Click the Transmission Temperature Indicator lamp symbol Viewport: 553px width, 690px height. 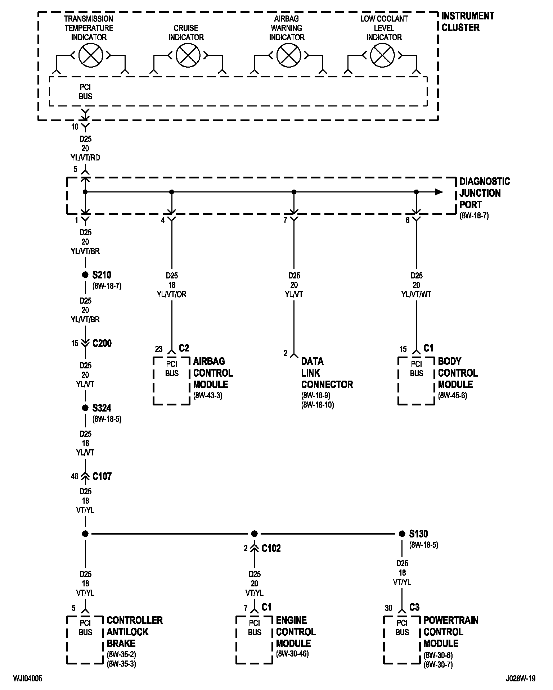point(91,55)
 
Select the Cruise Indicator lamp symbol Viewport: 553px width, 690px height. point(188,55)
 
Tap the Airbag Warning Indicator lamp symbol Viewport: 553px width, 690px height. point(289,55)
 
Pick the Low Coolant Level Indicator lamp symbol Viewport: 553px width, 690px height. point(382,55)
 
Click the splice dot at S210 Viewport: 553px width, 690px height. point(85,275)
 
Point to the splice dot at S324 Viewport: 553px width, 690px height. point(85,408)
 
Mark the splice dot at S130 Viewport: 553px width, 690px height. point(402,534)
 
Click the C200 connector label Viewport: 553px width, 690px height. point(102,343)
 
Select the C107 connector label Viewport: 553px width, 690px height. point(102,476)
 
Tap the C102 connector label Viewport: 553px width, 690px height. point(271,548)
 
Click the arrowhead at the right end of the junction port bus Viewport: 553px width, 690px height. point(439,192)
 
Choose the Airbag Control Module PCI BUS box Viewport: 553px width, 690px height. point(172,381)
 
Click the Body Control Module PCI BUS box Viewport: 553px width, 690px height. point(417,381)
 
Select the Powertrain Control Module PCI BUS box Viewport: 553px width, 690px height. point(402,640)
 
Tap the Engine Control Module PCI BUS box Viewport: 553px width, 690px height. point(255,640)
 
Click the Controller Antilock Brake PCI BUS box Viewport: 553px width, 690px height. point(85,640)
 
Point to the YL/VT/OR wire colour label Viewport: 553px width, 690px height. point(172,294)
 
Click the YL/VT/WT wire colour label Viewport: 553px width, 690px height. point(417,294)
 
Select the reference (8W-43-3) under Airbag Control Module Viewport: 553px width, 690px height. point(208,396)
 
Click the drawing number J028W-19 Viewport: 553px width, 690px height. point(521,678)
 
